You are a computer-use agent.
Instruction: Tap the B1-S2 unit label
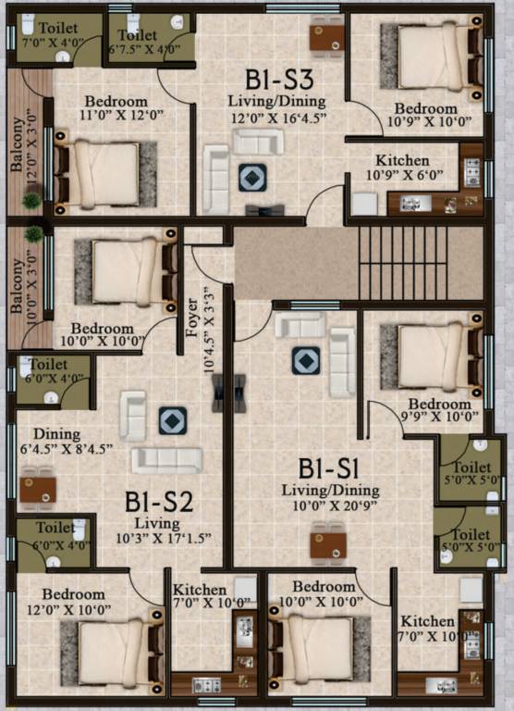coord(159,503)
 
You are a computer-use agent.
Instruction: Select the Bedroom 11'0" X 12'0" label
coord(116,109)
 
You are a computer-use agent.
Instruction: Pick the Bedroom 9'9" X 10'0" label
coord(440,411)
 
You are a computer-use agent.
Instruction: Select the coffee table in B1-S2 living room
coord(173,420)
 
